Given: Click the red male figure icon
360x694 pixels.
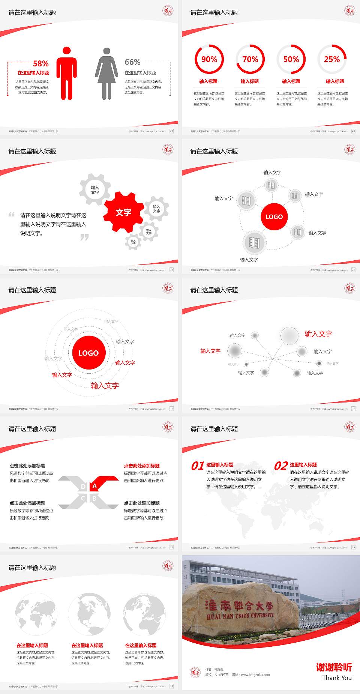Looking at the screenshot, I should pyautogui.click(x=67, y=74).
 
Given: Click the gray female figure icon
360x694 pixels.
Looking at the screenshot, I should pyautogui.click(x=106, y=74).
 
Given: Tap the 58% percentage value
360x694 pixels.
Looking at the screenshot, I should pyautogui.click(x=40, y=63).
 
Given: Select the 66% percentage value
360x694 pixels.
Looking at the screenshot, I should pyautogui.click(x=132, y=62).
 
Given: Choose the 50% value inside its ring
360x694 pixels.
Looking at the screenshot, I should pyautogui.click(x=291, y=59).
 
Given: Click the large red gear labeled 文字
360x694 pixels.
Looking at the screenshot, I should pyautogui.click(x=123, y=212).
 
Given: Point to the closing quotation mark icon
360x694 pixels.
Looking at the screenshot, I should pyautogui.click(x=85, y=237).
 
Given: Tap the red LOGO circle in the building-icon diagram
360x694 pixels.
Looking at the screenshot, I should pyautogui.click(x=274, y=216).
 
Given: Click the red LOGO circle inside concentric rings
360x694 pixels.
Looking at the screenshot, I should pyautogui.click(x=88, y=353).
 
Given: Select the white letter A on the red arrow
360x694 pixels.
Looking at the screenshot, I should pyautogui.click(x=94, y=486).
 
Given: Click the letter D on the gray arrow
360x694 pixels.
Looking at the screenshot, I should pyautogui.click(x=83, y=487).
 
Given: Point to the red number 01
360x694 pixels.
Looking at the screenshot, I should pyautogui.click(x=197, y=466).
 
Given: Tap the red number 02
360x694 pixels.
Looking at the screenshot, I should pyautogui.click(x=281, y=466).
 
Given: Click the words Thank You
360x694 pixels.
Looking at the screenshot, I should pyautogui.click(x=337, y=677).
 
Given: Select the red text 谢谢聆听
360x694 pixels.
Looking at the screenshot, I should pyautogui.click(x=334, y=667).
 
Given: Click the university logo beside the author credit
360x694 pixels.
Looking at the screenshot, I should pyautogui.click(x=195, y=672).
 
